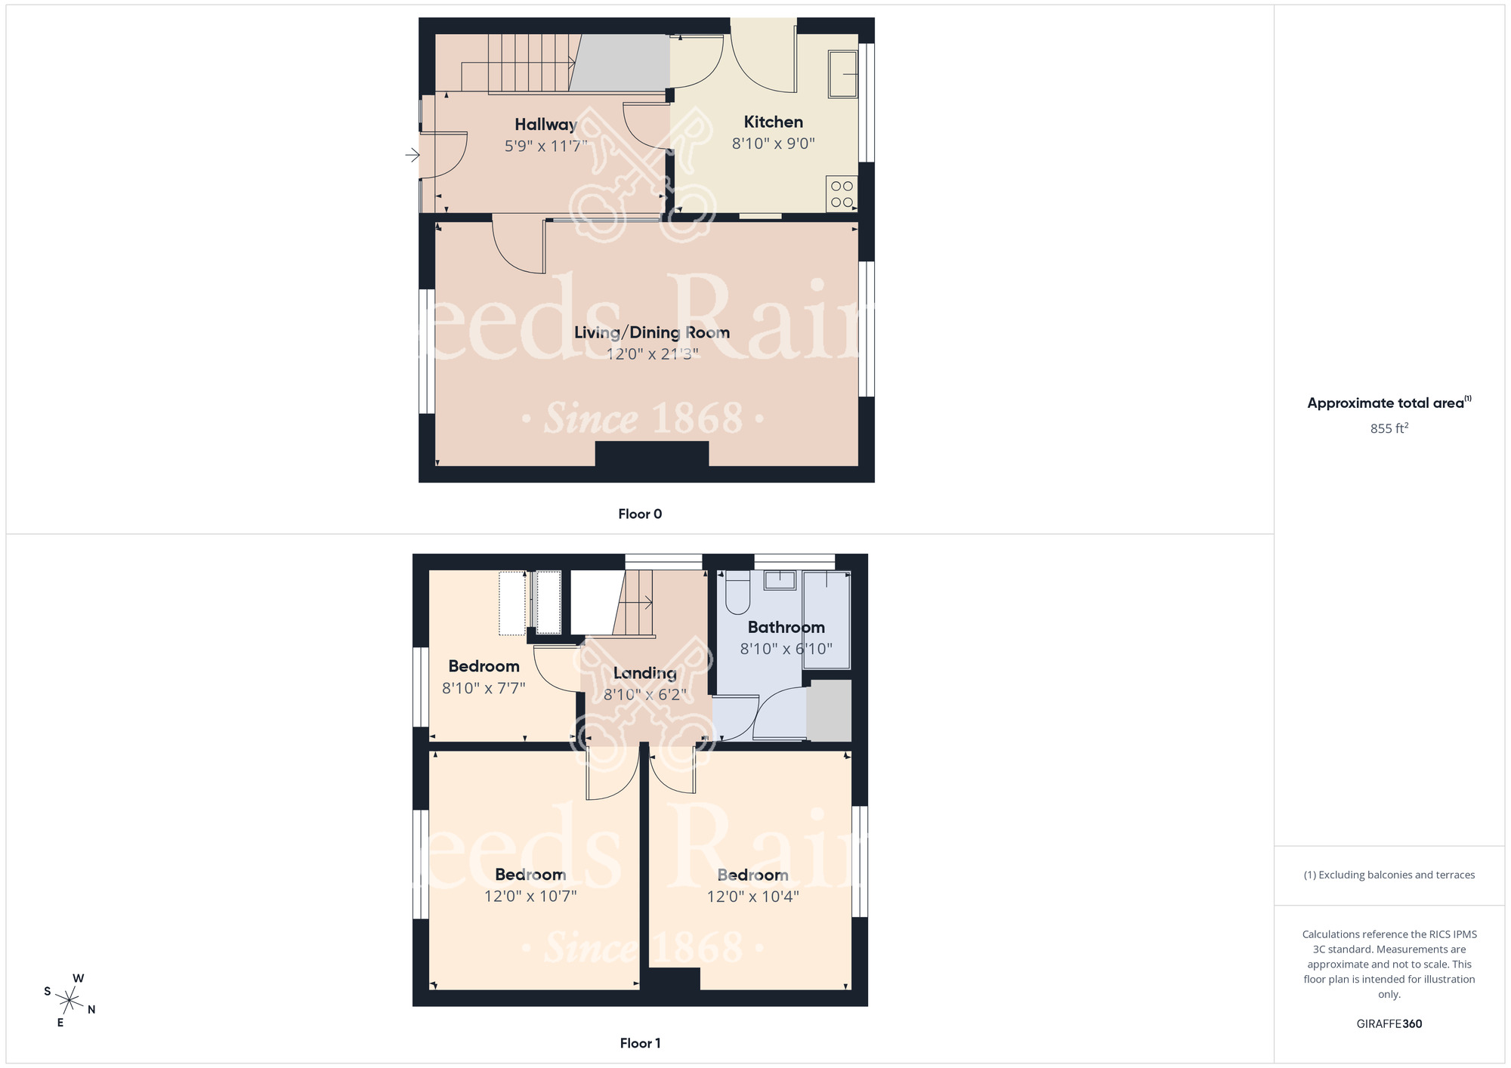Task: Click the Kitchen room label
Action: (x=773, y=122)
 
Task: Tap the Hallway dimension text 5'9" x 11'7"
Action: (x=545, y=146)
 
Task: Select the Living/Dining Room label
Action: (x=651, y=332)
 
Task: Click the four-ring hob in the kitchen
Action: (x=842, y=194)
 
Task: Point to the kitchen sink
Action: (x=842, y=74)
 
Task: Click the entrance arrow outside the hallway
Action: (x=413, y=155)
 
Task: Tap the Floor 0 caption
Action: (x=640, y=514)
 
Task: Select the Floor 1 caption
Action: (x=640, y=1043)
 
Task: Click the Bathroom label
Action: (x=786, y=627)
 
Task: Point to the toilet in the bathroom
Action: (x=737, y=592)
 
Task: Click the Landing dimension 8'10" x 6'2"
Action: (x=644, y=694)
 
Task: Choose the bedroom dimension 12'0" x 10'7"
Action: (x=530, y=896)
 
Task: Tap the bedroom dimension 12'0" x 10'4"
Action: (x=752, y=897)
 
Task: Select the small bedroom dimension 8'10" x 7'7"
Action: (x=484, y=688)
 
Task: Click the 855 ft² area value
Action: (x=1389, y=428)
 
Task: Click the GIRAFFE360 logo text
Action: (x=1389, y=1024)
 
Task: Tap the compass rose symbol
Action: (x=70, y=1002)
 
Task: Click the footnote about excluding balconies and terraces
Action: (x=1389, y=875)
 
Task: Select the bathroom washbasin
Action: (x=780, y=580)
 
